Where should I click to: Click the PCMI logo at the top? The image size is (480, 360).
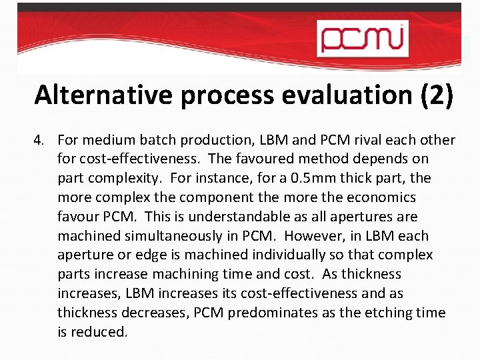pos(362,37)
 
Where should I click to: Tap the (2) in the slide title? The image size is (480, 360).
pos(436,95)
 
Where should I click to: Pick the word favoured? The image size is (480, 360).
pos(283,159)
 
